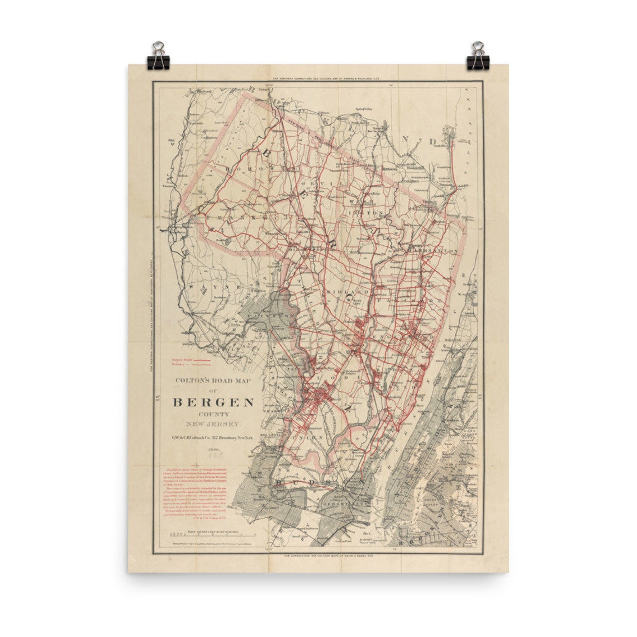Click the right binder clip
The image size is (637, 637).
point(478,56)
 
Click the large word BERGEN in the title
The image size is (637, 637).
point(213,402)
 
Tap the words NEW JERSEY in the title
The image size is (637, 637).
point(213,425)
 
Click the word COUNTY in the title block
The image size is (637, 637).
point(213,415)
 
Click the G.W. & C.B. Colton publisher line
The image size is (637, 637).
point(213,438)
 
